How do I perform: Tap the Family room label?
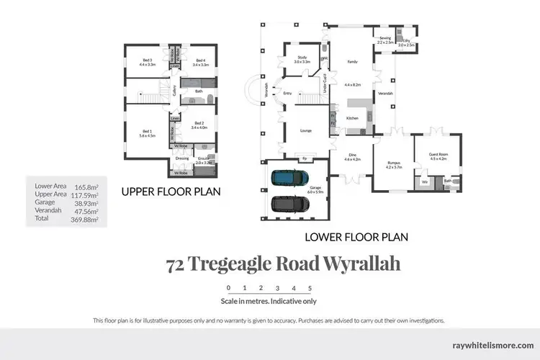[x=352, y=62]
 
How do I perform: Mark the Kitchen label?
[x=352, y=118]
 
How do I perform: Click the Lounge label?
[x=305, y=131]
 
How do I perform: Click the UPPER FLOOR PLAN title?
[x=170, y=192]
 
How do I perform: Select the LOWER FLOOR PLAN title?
[x=356, y=235]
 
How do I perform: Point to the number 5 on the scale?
[x=310, y=288]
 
